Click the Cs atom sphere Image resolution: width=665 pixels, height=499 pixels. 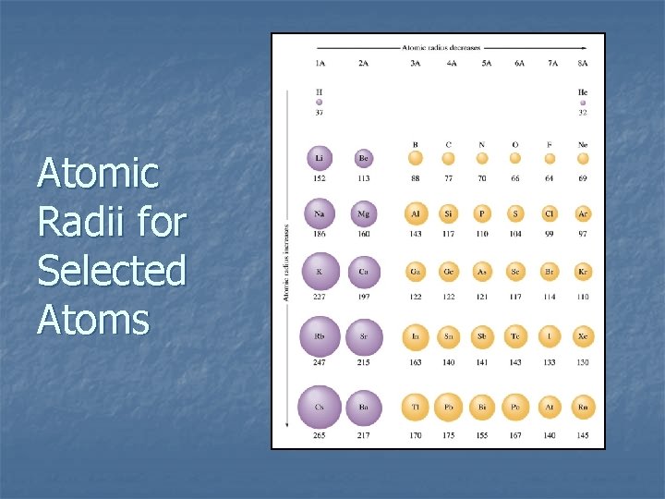pyautogui.click(x=319, y=407)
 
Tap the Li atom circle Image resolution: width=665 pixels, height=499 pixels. pyautogui.click(x=319, y=157)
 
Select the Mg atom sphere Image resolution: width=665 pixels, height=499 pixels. pyautogui.click(x=364, y=214)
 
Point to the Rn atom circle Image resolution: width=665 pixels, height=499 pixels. pyautogui.click(x=582, y=407)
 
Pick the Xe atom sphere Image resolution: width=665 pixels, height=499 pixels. pyautogui.click(x=582, y=336)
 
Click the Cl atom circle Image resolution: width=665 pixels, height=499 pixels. pyautogui.click(x=550, y=214)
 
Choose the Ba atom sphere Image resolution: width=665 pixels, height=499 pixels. pyautogui.click(x=364, y=407)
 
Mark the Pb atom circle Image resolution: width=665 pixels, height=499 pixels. pyautogui.click(x=449, y=407)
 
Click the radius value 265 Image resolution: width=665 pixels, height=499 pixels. pyautogui.click(x=319, y=435)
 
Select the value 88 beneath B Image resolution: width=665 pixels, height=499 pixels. pyautogui.click(x=416, y=178)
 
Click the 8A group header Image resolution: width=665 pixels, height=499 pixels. pyautogui.click(x=583, y=64)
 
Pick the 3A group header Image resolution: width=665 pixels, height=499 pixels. pyautogui.click(x=416, y=64)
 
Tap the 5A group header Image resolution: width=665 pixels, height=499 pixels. pyautogui.click(x=482, y=64)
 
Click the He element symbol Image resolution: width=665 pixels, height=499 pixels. pyautogui.click(x=583, y=92)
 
